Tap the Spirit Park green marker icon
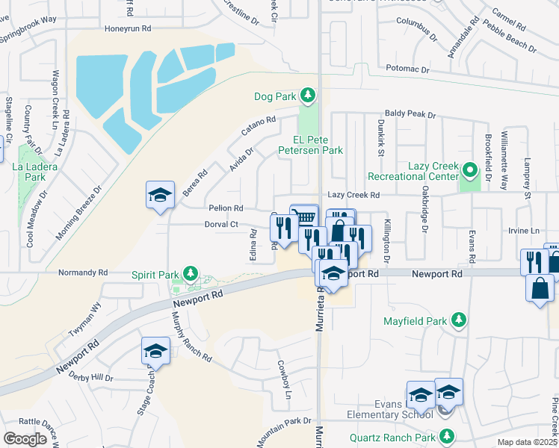(x=191, y=274)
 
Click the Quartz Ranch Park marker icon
(x=447, y=436)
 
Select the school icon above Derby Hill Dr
(x=155, y=352)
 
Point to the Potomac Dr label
(x=408, y=69)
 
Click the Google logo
(x=25, y=439)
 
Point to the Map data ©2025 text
(x=528, y=443)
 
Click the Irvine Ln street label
(x=524, y=231)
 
